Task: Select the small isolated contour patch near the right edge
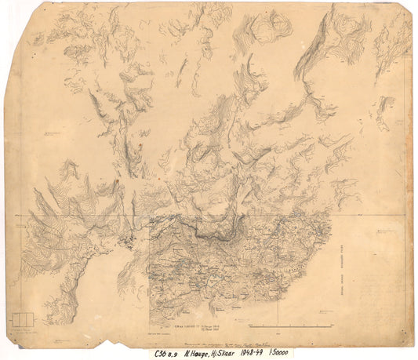[x=385, y=106]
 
